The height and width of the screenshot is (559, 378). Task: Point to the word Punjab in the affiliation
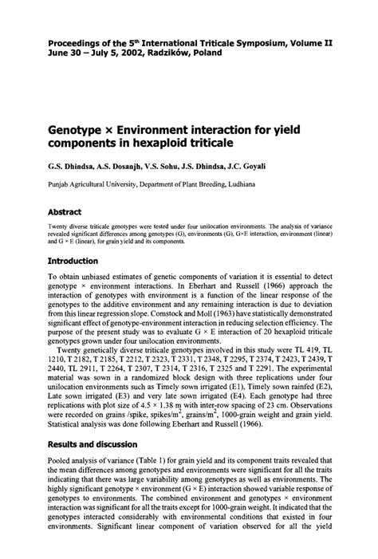point(59,183)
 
